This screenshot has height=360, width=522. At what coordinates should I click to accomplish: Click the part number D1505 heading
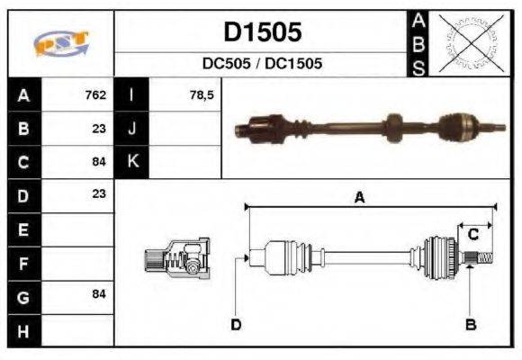click(262, 33)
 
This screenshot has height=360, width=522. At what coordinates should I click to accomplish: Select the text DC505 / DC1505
click(262, 65)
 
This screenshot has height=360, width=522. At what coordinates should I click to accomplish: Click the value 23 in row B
click(99, 129)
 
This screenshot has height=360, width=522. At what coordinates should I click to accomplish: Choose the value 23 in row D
click(99, 193)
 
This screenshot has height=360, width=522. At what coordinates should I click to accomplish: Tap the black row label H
click(23, 330)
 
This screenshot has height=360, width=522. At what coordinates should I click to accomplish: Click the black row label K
click(132, 162)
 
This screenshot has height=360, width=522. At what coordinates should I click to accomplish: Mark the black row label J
click(132, 129)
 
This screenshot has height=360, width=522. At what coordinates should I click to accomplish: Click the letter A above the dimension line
click(358, 198)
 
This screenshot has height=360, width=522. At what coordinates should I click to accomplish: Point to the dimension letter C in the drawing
click(472, 235)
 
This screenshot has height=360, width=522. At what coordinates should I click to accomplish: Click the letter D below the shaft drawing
click(236, 324)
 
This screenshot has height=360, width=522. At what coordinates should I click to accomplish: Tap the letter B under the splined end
click(470, 324)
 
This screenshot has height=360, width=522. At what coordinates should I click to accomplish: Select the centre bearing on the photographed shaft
click(392, 128)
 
